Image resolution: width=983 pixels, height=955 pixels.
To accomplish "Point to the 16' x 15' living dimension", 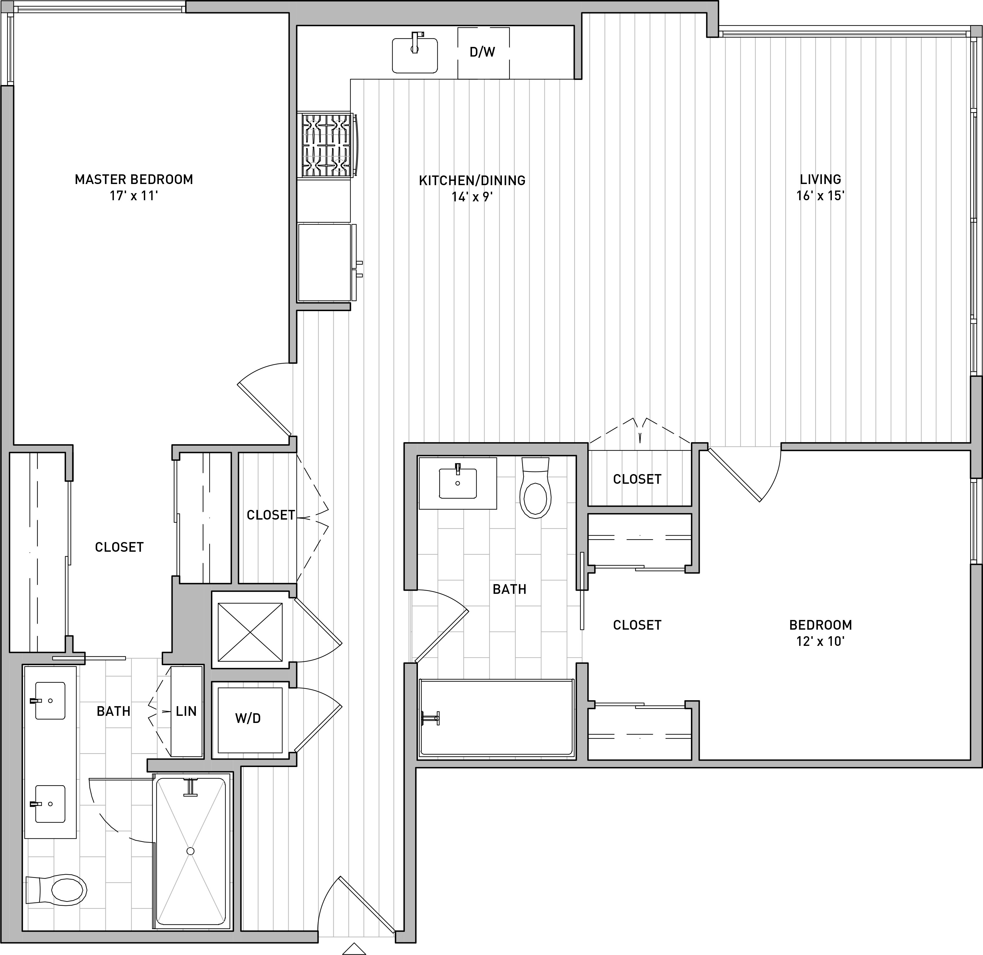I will click(820, 196).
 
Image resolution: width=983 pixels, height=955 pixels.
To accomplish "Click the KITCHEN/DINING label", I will click(472, 180).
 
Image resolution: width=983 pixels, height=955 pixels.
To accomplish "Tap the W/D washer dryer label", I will click(248, 718).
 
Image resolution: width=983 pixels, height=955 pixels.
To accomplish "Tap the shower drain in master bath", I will click(190, 851).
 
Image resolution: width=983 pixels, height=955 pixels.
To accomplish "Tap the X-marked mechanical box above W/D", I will click(250, 632).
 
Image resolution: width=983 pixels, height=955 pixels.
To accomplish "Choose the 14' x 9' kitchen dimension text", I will click(472, 197).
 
